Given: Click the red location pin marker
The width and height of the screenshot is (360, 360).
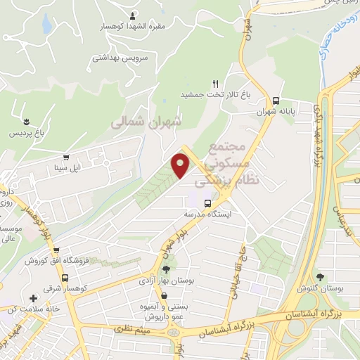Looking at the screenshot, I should pyautogui.click(x=181, y=166).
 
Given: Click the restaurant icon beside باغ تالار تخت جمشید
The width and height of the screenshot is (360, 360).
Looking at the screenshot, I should pyautogui.click(x=216, y=84).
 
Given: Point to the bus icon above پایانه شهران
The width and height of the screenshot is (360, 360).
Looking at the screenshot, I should pyautogui.click(x=276, y=101).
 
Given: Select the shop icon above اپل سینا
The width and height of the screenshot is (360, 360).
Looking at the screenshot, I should pyautogui.click(x=66, y=157).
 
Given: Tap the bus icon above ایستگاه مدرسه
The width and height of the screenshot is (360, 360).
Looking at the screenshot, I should pyautogui.click(x=207, y=203).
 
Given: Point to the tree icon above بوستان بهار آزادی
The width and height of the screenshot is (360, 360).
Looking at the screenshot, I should pyautogui.click(x=167, y=269).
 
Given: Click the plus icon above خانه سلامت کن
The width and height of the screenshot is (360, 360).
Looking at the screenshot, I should pyautogui.click(x=34, y=298).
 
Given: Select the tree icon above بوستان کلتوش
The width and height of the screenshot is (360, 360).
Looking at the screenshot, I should pyautogui.click(x=321, y=276).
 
